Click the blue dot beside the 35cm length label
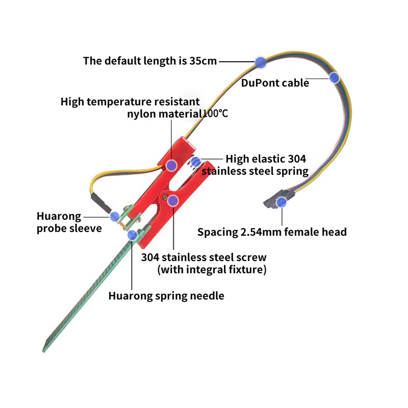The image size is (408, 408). tap(261, 62)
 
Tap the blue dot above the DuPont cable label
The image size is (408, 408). tap(334, 78)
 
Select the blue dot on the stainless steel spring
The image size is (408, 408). tap(195, 162)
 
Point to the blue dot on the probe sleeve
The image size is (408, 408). tap(115, 216)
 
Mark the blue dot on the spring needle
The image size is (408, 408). tap(133, 235)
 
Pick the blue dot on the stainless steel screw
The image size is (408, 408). tap(173, 200)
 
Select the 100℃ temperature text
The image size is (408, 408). tap(215, 113)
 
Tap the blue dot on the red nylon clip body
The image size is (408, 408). tap(172, 165)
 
